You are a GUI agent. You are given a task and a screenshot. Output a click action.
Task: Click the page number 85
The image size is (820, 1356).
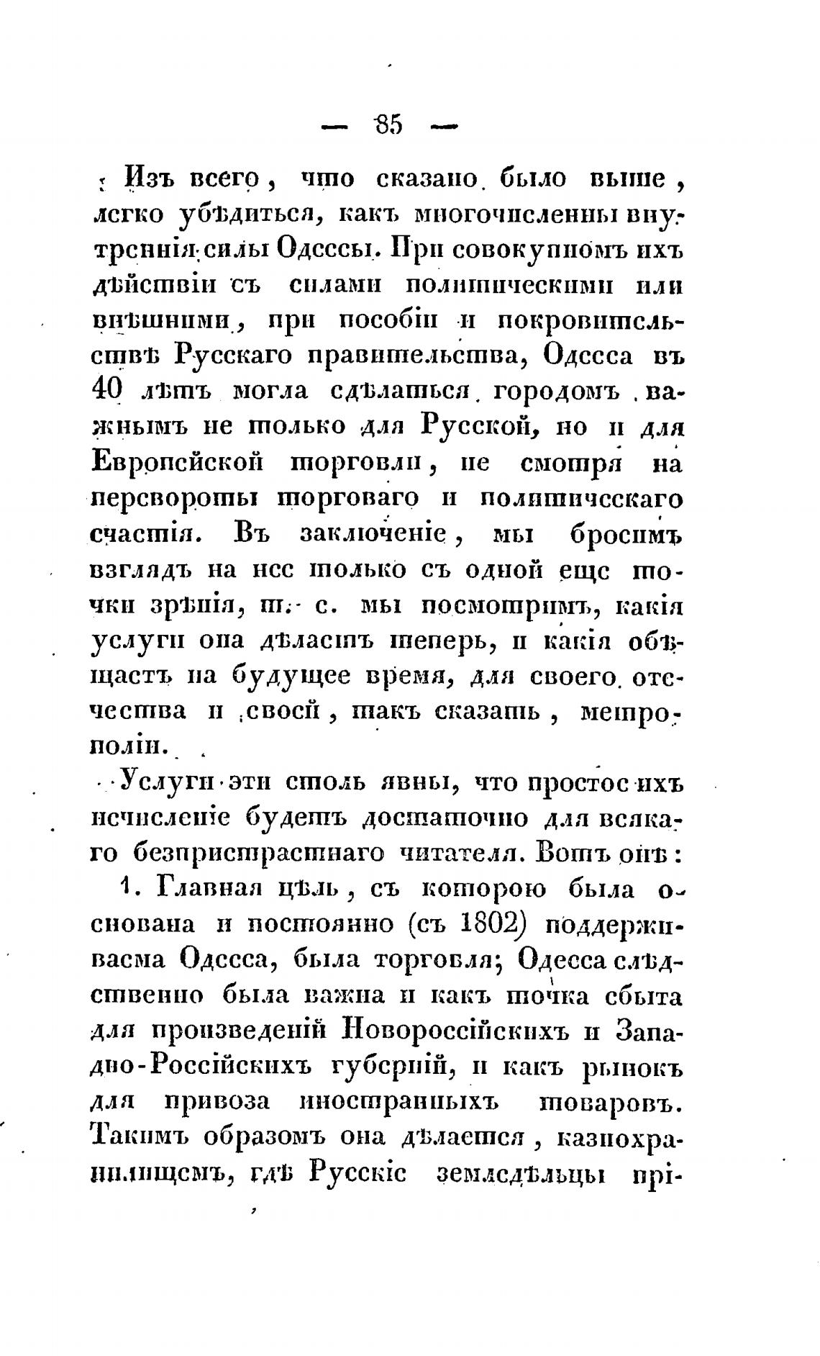[389, 125]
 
